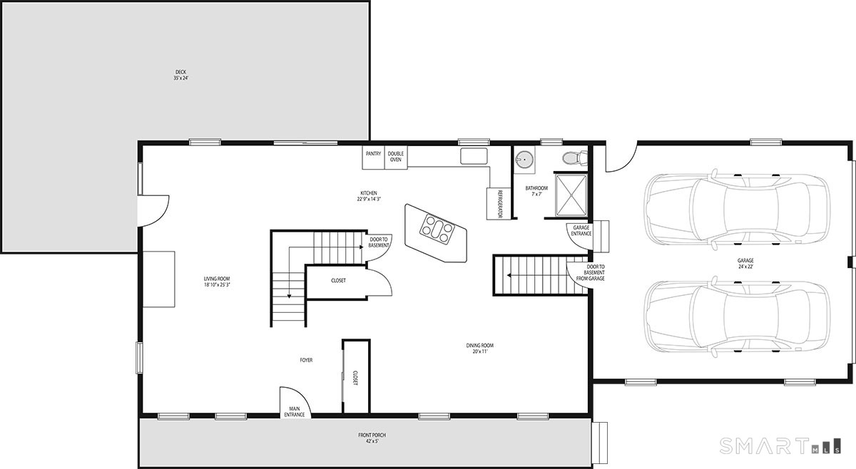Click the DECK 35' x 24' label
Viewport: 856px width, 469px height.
pos(180,75)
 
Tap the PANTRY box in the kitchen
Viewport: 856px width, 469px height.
pos(373,158)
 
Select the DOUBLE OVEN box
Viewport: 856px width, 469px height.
pos(396,157)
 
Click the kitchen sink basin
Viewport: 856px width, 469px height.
pos(474,156)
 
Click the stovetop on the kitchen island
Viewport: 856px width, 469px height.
pos(437,228)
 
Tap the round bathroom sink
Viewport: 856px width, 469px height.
pos(525,158)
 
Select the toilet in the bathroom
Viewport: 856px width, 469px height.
pos(574,158)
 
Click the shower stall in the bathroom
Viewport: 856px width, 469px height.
pos(571,195)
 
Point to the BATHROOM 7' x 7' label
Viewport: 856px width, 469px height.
pos(536,191)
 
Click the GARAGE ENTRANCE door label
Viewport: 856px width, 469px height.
pos(581,230)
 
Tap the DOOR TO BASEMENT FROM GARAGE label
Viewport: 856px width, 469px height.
pos(594,273)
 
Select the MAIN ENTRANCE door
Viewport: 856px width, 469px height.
pos(295,401)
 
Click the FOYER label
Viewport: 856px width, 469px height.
pos(306,360)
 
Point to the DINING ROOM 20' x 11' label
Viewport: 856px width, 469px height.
pos(479,349)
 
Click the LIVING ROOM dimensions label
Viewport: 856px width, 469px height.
pos(217,284)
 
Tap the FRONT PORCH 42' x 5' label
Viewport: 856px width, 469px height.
pos(372,438)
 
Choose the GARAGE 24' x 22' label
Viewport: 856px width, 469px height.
pos(745,264)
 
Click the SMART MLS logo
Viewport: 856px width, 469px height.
pos(780,445)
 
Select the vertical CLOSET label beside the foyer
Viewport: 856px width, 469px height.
pos(355,377)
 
